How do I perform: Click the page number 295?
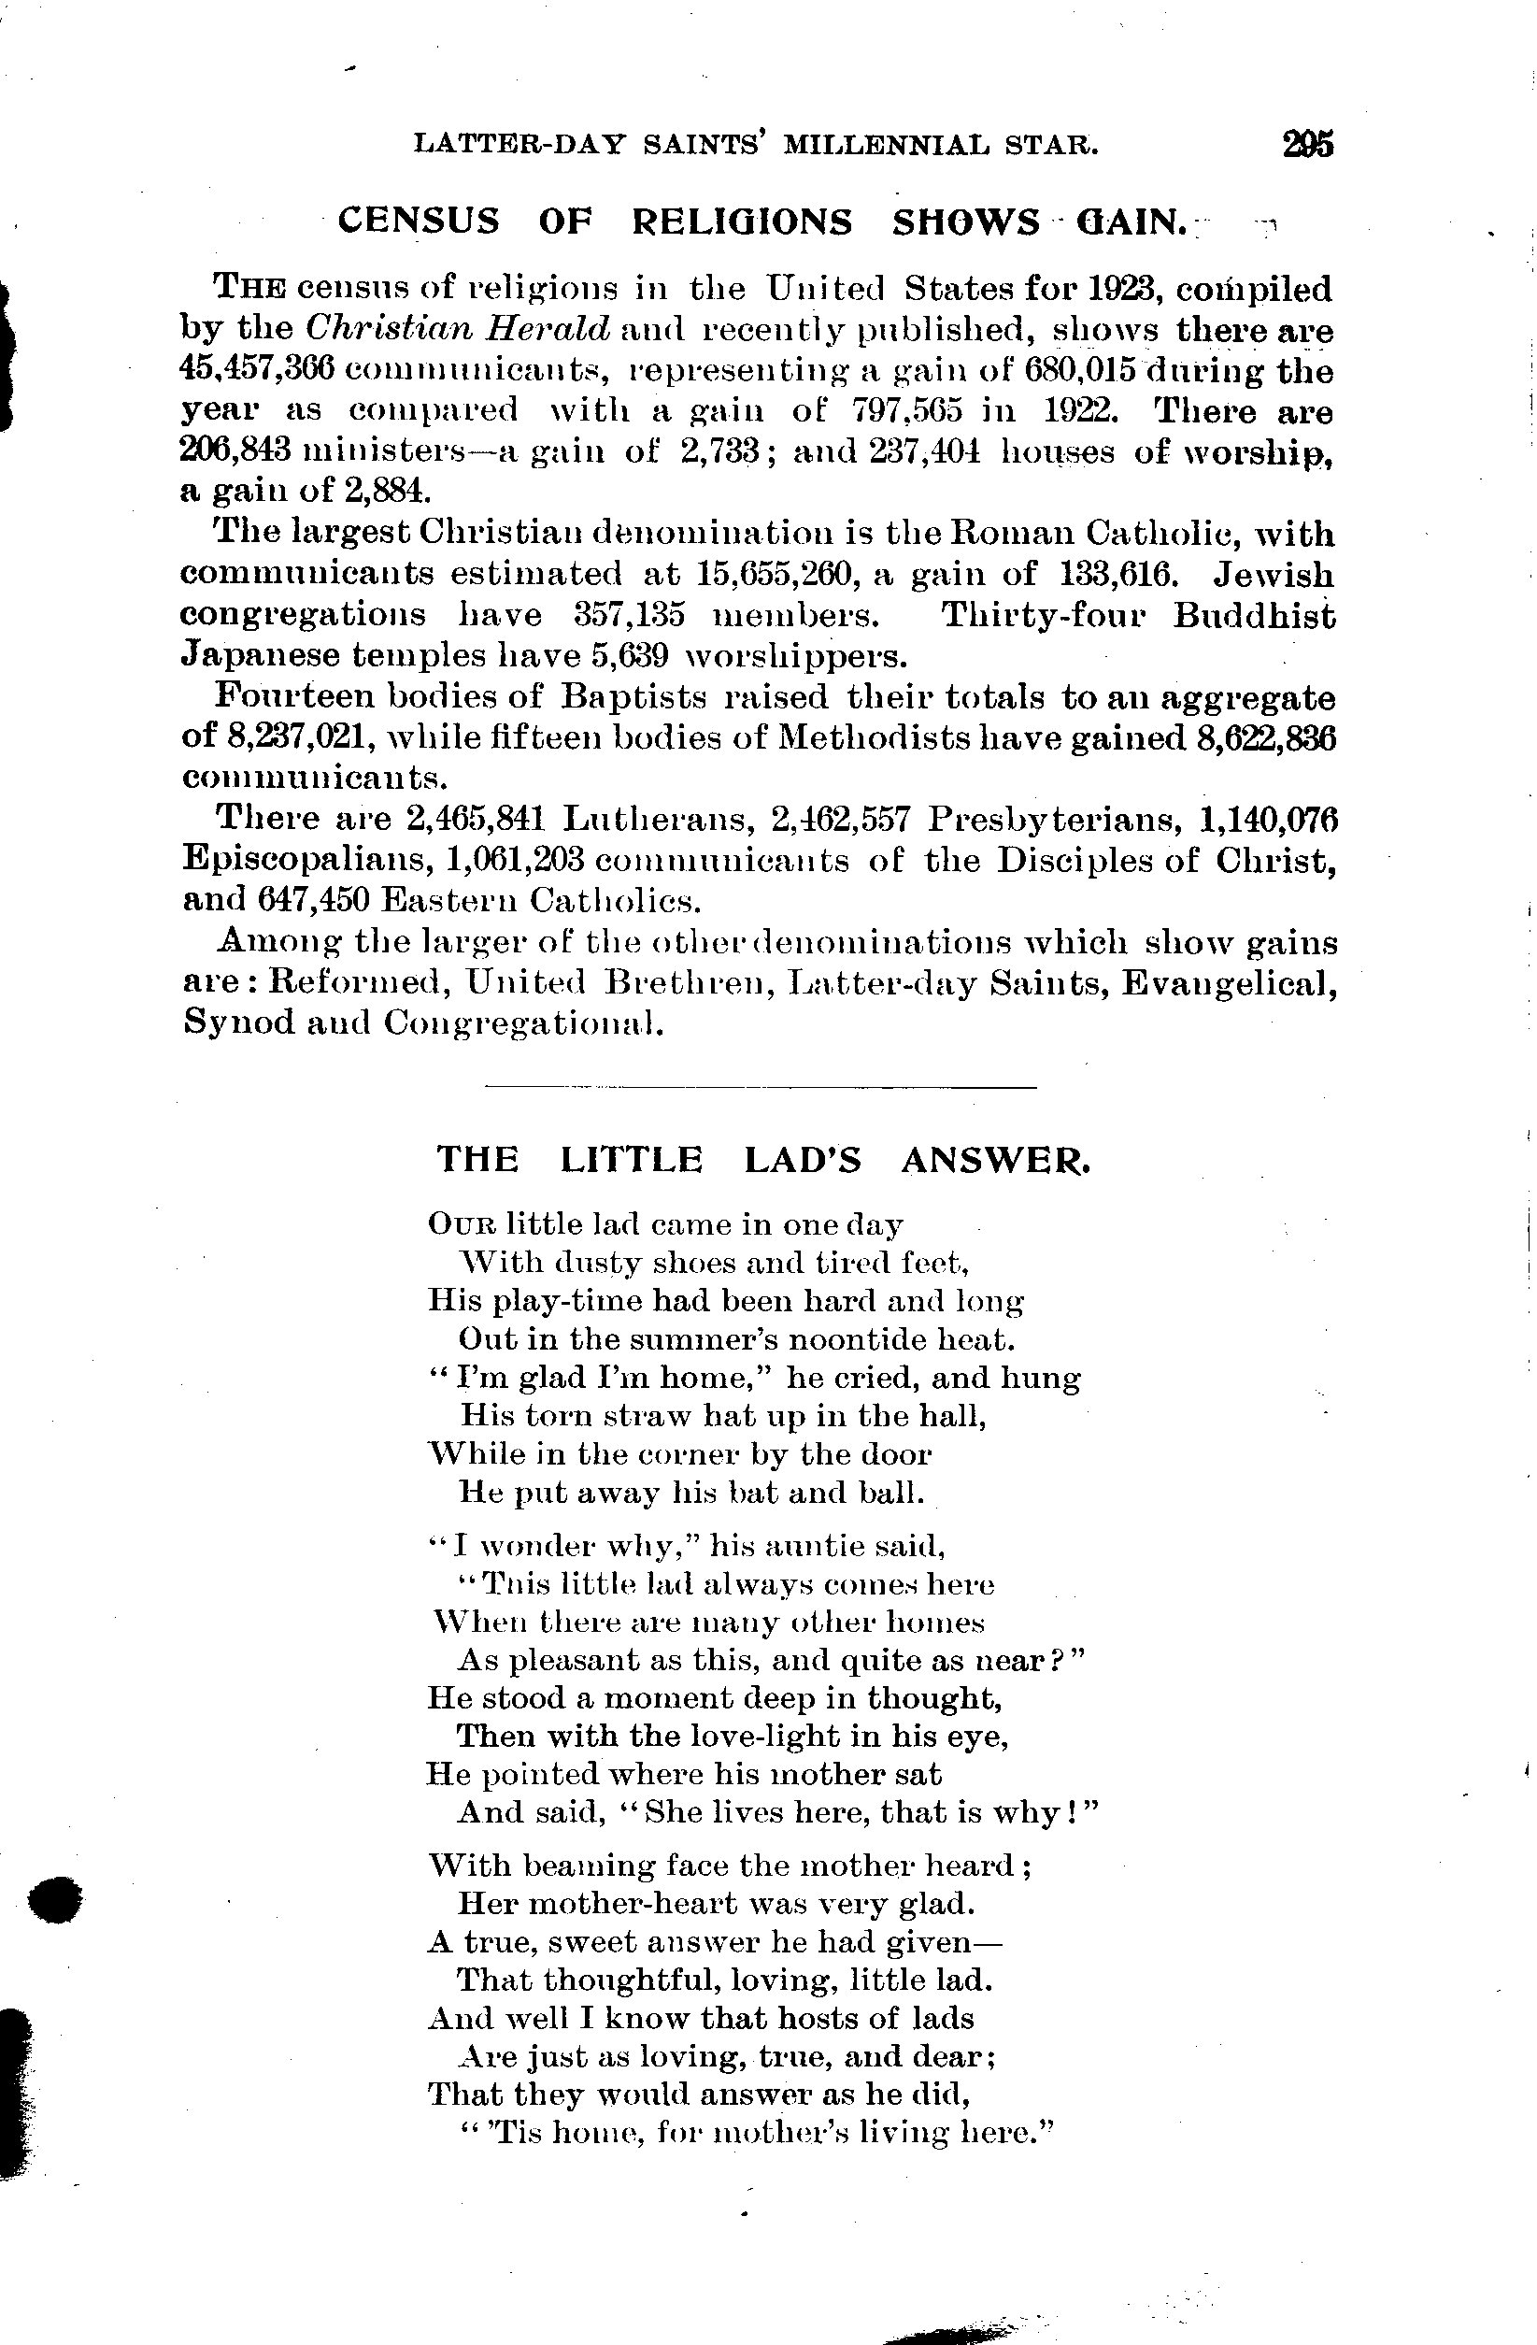pos(1307,145)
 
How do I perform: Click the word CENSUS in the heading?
pos(418,222)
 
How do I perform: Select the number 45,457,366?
pos(259,370)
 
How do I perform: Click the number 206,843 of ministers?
pos(235,451)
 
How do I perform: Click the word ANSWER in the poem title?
pos(995,1160)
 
